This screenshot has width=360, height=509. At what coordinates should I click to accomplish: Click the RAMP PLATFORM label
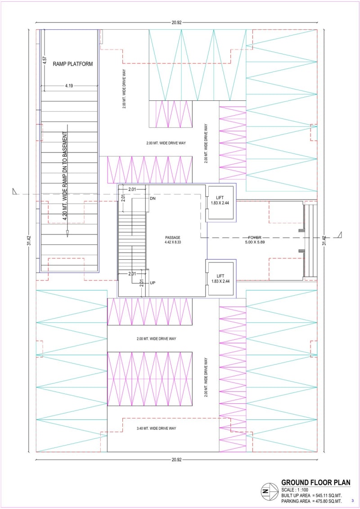tap(72, 64)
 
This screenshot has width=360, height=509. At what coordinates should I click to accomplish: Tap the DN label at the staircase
tap(153, 198)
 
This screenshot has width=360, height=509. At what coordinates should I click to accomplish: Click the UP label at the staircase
tap(153, 283)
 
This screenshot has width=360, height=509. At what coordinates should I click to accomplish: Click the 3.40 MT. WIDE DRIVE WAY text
tap(156, 428)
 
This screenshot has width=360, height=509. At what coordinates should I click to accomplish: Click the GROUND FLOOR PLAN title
tap(315, 482)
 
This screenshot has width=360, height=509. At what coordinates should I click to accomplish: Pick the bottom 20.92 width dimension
tap(176, 459)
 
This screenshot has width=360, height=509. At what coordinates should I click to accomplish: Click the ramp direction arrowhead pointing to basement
tap(67, 233)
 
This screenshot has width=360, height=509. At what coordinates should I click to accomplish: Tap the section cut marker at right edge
tap(339, 234)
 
